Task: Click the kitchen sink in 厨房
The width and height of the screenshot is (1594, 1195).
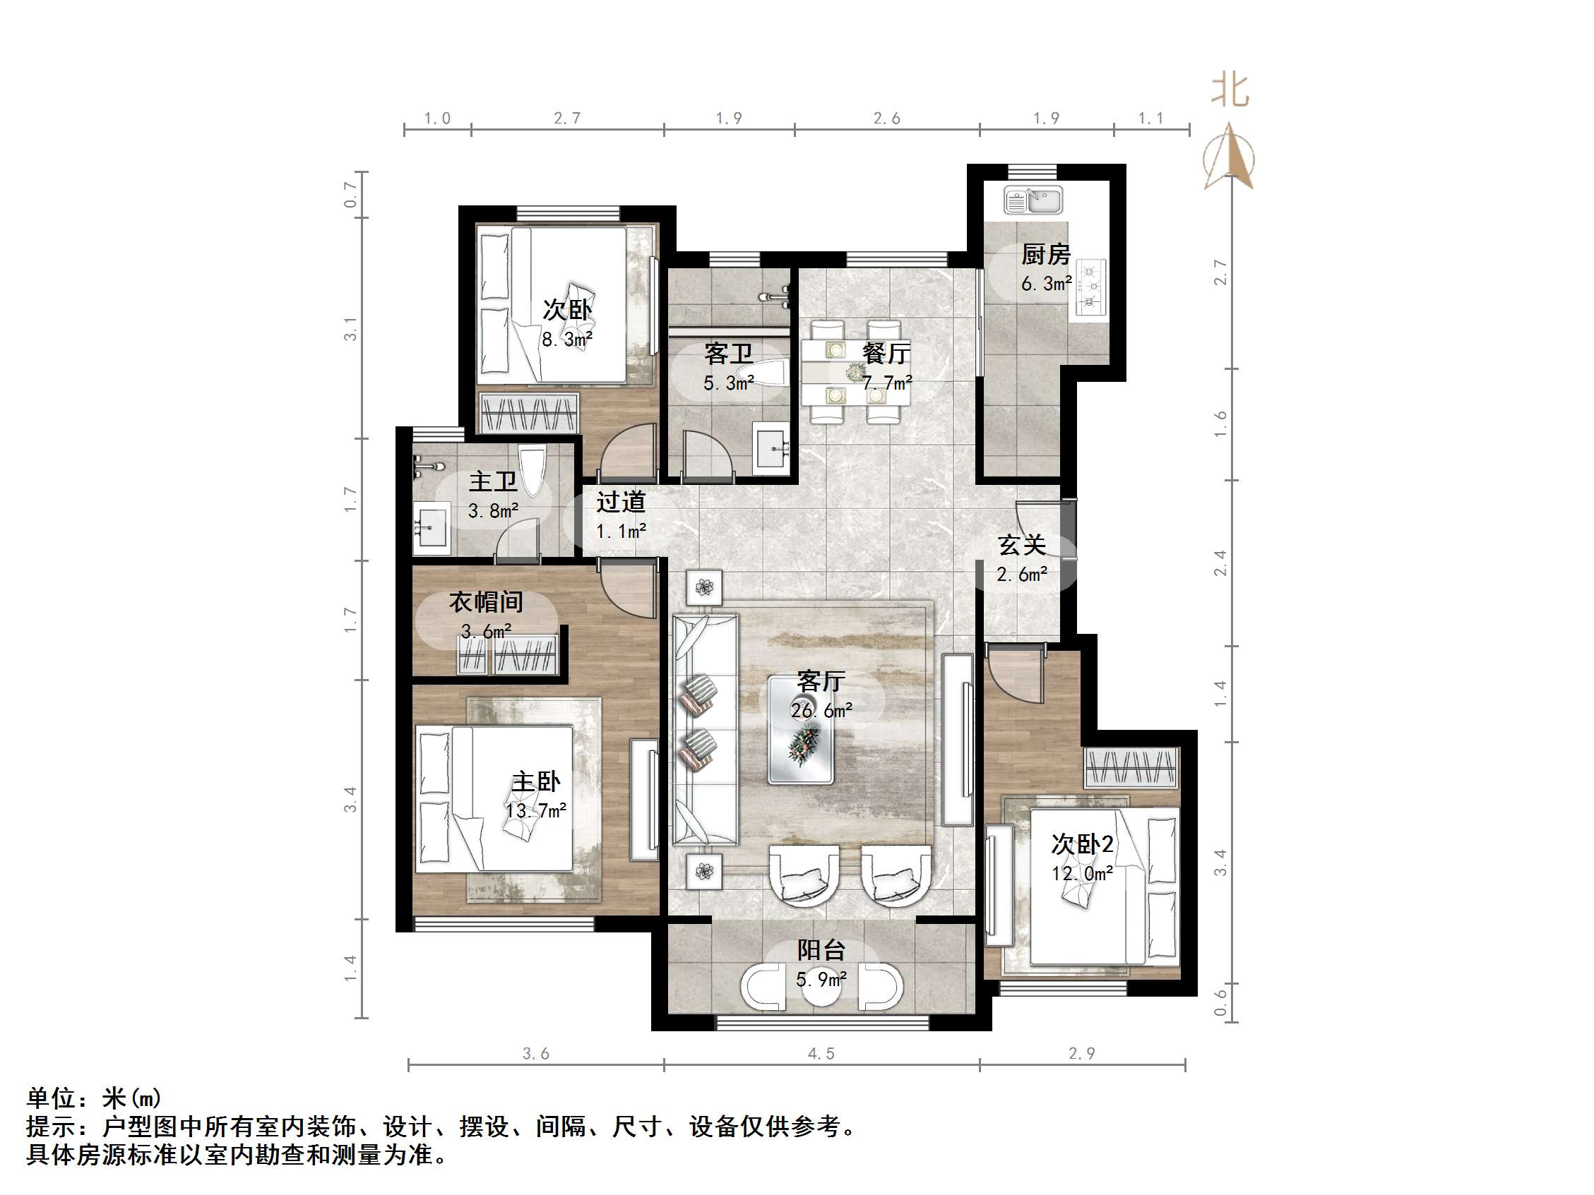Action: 1033,201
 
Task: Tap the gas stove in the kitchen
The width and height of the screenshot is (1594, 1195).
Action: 1090,287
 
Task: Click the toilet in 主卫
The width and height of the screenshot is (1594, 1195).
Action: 532,471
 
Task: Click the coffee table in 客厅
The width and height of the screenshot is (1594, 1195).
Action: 802,729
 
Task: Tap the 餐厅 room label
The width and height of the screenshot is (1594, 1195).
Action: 886,353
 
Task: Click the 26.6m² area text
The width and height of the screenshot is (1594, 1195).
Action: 821,710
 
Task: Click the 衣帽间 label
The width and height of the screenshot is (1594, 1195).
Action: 486,601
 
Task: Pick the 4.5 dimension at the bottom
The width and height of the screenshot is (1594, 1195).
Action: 821,1054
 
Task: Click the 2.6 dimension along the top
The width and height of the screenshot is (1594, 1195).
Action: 886,118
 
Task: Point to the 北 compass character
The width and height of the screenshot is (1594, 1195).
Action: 1230,92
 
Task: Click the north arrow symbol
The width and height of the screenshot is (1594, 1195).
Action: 1230,159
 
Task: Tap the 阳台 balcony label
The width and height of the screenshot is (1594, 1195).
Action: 821,950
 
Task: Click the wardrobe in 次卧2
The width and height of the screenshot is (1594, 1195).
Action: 1131,768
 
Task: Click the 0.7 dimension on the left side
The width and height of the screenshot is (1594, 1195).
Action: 350,194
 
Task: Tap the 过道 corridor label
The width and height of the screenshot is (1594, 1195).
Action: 621,501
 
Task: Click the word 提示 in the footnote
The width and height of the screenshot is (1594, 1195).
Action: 51,1126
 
